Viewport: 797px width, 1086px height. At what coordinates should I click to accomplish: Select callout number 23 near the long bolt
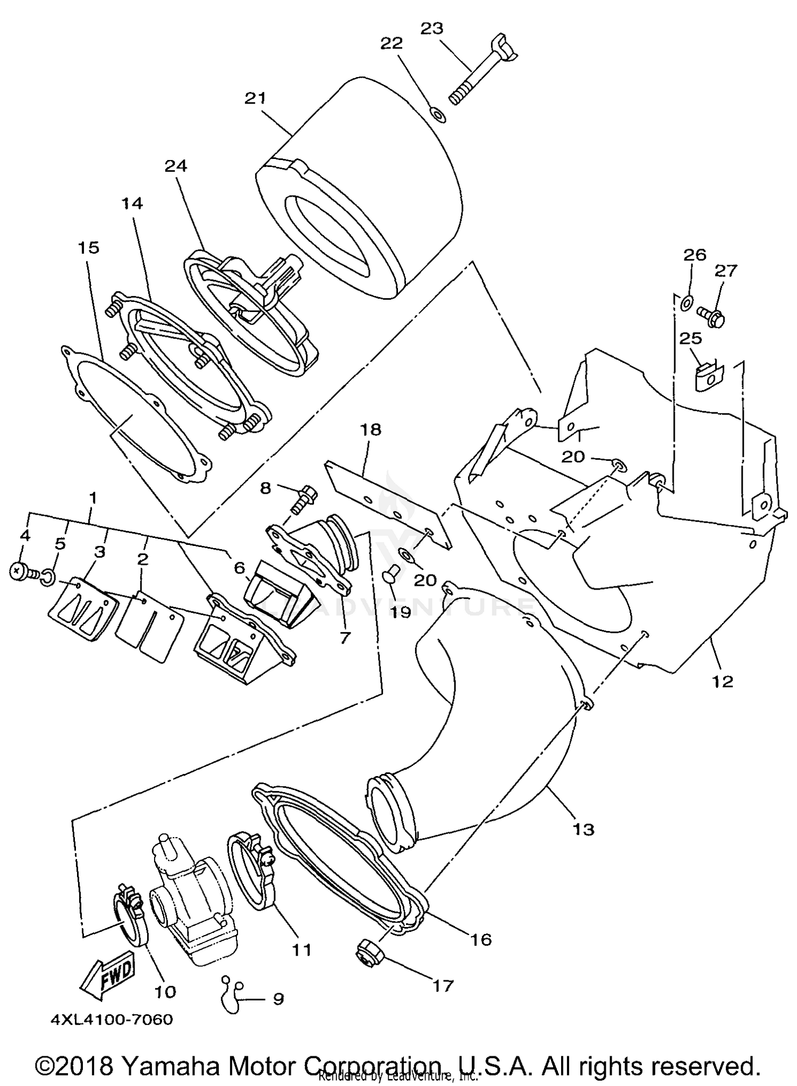click(x=431, y=29)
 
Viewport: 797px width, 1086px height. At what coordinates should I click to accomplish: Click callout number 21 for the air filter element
click(x=255, y=99)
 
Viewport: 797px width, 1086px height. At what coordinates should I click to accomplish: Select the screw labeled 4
click(x=20, y=572)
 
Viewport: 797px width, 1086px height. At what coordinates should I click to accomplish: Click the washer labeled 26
click(x=685, y=304)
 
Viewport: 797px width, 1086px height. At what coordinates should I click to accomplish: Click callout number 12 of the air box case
click(x=723, y=681)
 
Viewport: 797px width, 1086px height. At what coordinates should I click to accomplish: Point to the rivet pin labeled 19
click(x=391, y=578)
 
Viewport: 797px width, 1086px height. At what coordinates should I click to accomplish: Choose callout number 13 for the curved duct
click(x=584, y=829)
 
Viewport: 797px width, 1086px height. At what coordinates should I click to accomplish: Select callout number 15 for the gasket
click(x=89, y=248)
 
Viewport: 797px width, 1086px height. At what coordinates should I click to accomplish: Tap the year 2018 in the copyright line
click(x=88, y=1064)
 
